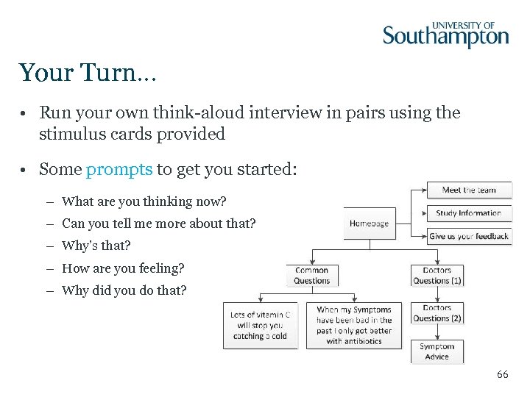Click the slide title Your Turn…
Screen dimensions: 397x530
(88, 73)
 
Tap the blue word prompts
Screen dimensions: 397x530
(119, 169)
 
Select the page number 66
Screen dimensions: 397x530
(502, 375)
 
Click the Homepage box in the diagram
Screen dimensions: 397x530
(369, 223)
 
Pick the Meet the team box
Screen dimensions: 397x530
(469, 190)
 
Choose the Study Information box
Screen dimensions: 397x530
(469, 213)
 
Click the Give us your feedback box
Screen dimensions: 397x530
(469, 236)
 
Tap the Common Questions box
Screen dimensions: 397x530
(311, 276)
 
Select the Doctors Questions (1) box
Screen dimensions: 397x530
(437, 276)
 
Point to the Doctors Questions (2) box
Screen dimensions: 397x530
(437, 313)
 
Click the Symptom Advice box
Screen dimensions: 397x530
(437, 351)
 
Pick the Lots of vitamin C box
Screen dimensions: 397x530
(260, 325)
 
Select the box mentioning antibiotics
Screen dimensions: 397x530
(354, 325)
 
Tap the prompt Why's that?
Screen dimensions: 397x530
(96, 246)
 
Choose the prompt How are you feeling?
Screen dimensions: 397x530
(123, 268)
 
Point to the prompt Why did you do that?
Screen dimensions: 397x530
(124, 290)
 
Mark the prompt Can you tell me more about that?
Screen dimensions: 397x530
(158, 223)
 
